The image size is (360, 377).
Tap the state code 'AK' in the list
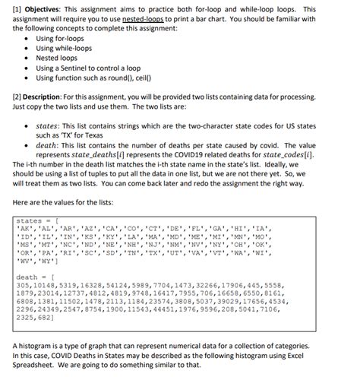click(x=24, y=230)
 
